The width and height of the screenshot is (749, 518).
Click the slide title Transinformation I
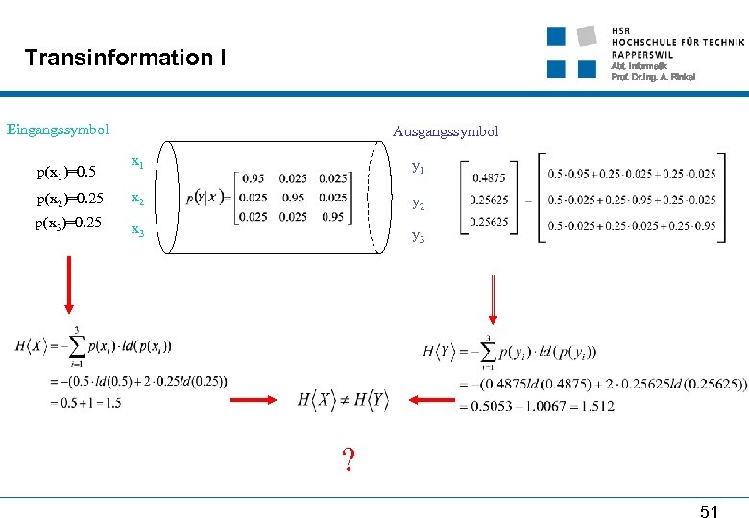(x=126, y=58)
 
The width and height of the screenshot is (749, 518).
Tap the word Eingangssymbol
(x=58, y=129)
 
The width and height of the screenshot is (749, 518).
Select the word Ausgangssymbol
(x=446, y=131)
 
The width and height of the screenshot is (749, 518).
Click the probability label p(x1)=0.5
(x=66, y=173)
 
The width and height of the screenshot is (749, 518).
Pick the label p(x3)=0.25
(x=68, y=224)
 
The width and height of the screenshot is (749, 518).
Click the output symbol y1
(x=418, y=167)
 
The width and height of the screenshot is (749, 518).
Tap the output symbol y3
(x=418, y=236)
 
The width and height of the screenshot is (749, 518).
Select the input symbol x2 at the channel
(x=138, y=199)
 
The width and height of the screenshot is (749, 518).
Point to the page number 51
(x=709, y=512)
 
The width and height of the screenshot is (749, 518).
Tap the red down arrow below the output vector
(x=492, y=300)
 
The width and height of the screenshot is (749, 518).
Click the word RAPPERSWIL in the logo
(x=641, y=55)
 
